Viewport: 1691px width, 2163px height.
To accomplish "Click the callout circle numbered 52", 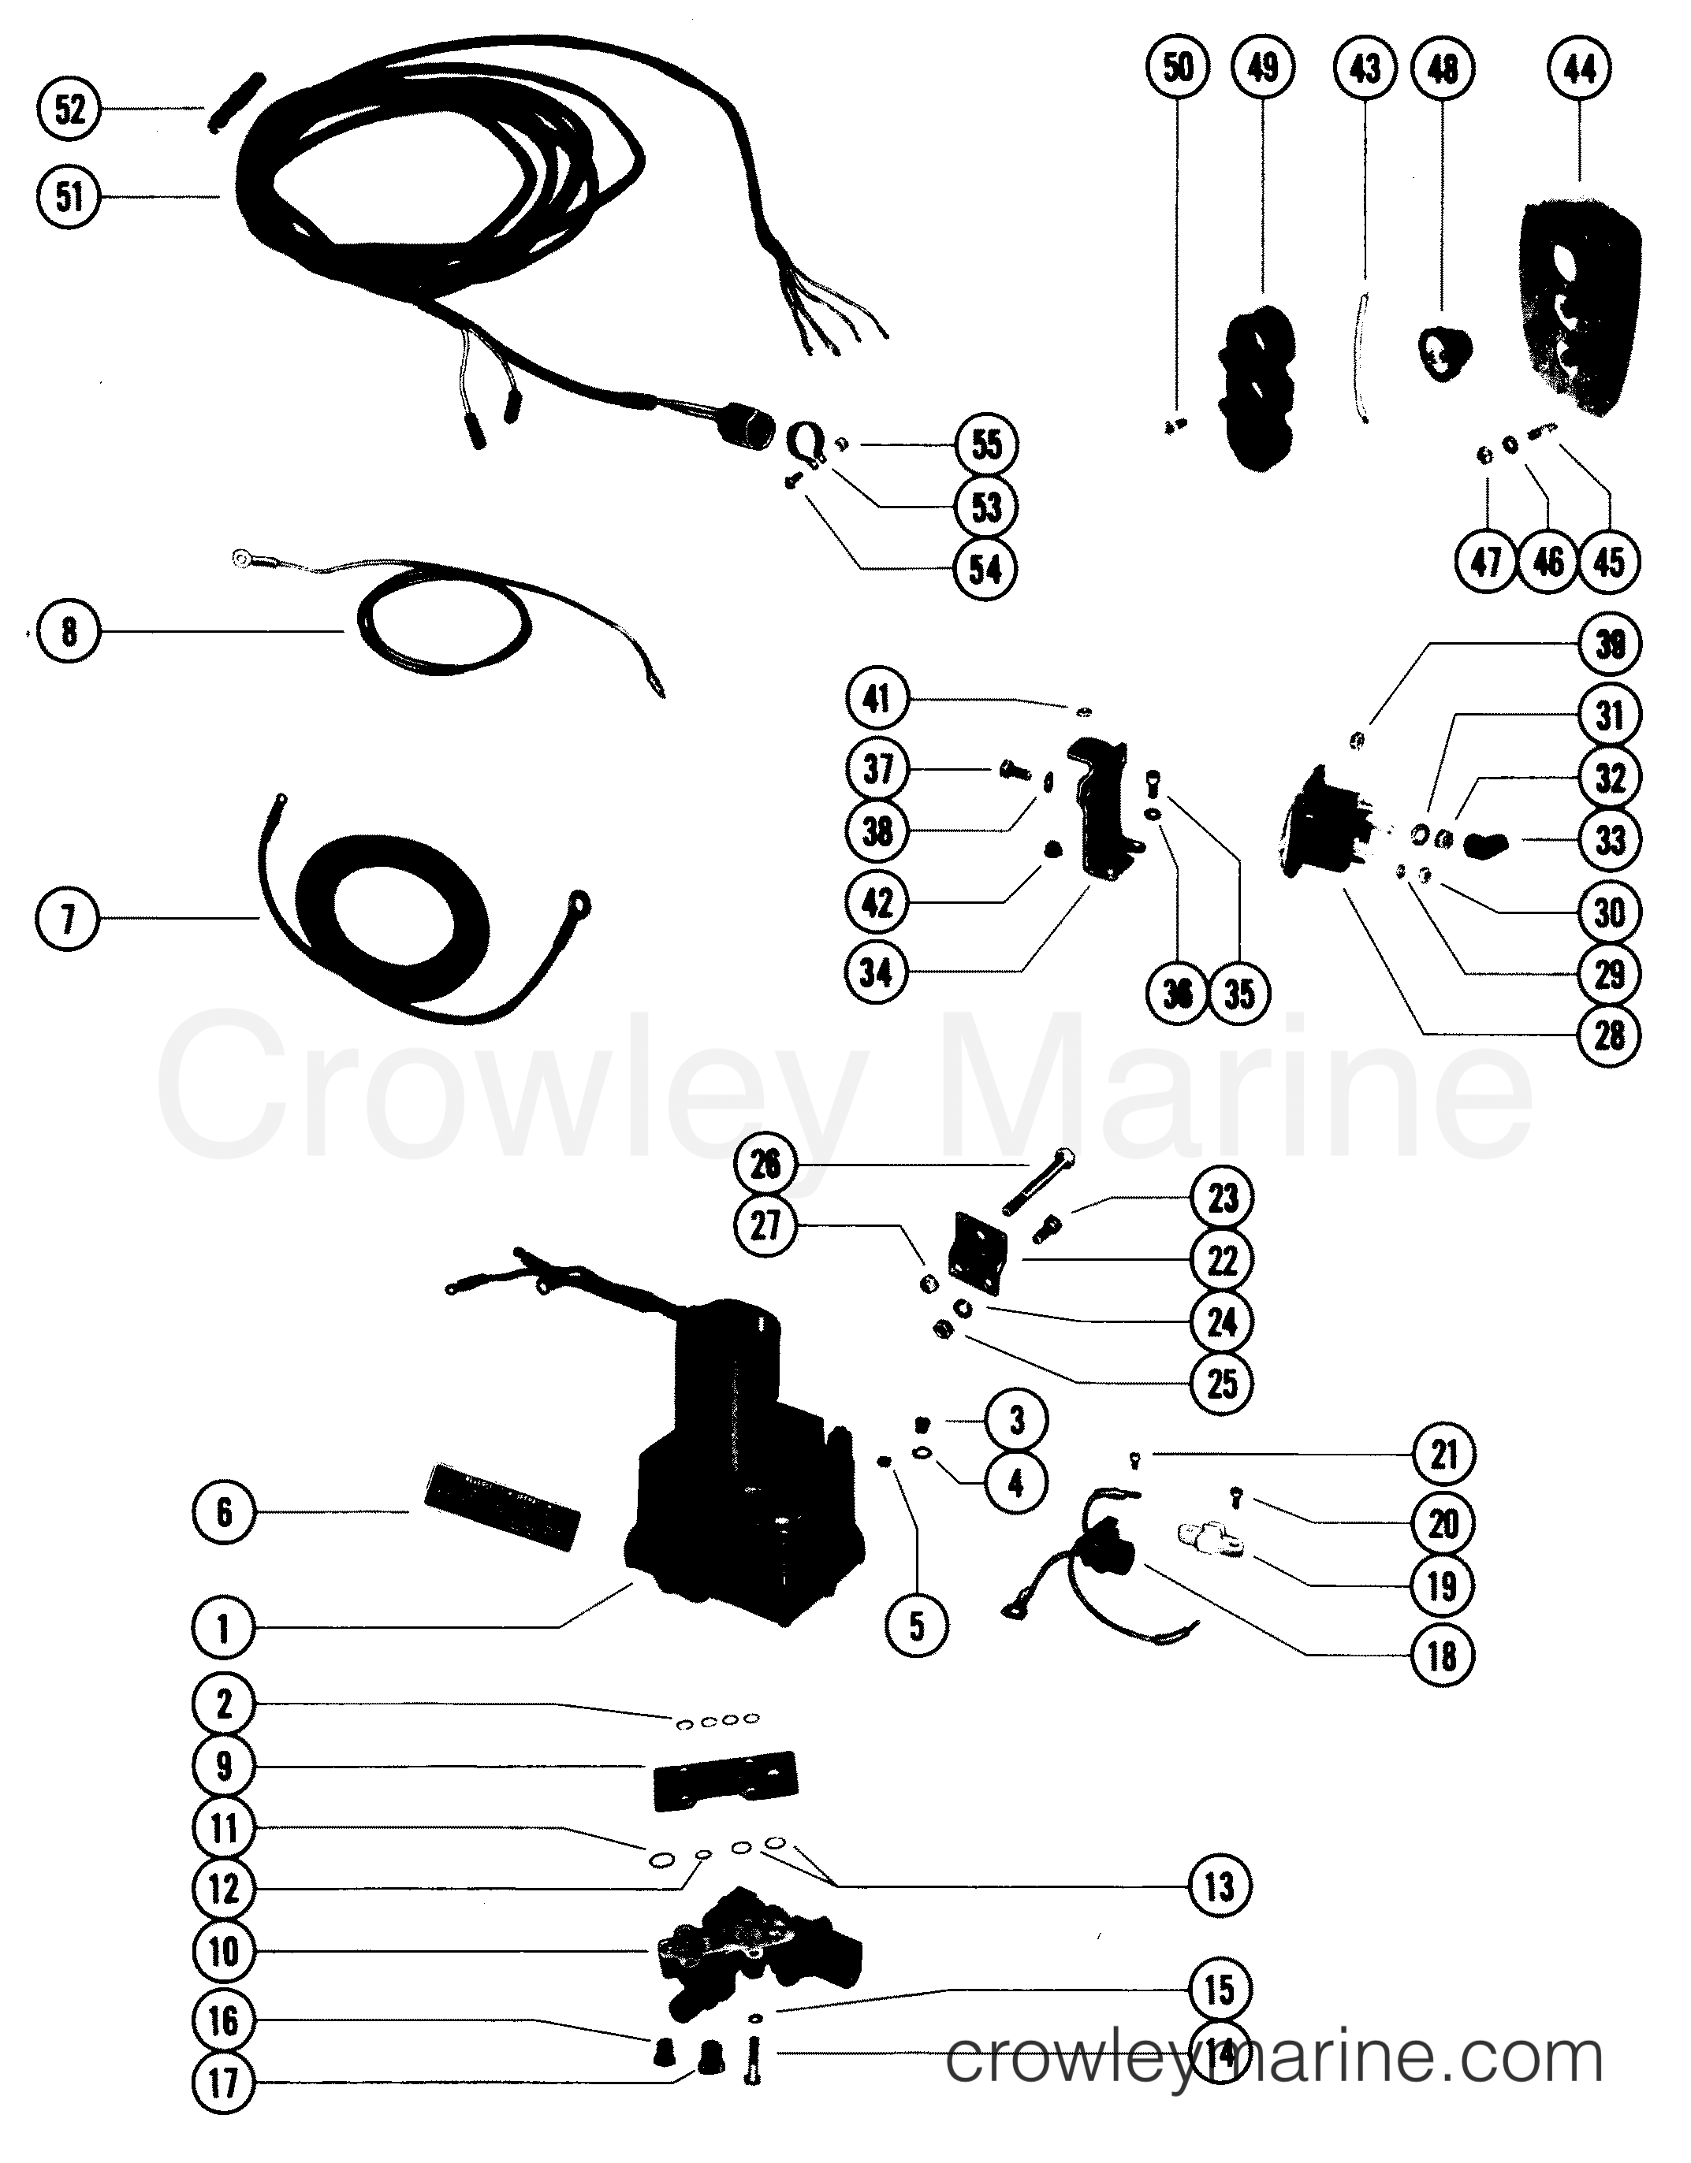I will (x=69, y=109).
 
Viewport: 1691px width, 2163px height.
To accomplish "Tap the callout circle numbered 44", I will (x=1579, y=69).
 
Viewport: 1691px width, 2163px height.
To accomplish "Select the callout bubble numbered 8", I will (x=69, y=631).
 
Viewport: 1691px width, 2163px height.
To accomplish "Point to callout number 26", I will (x=765, y=1165).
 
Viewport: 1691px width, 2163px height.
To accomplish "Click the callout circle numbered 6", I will (x=224, y=1511).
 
